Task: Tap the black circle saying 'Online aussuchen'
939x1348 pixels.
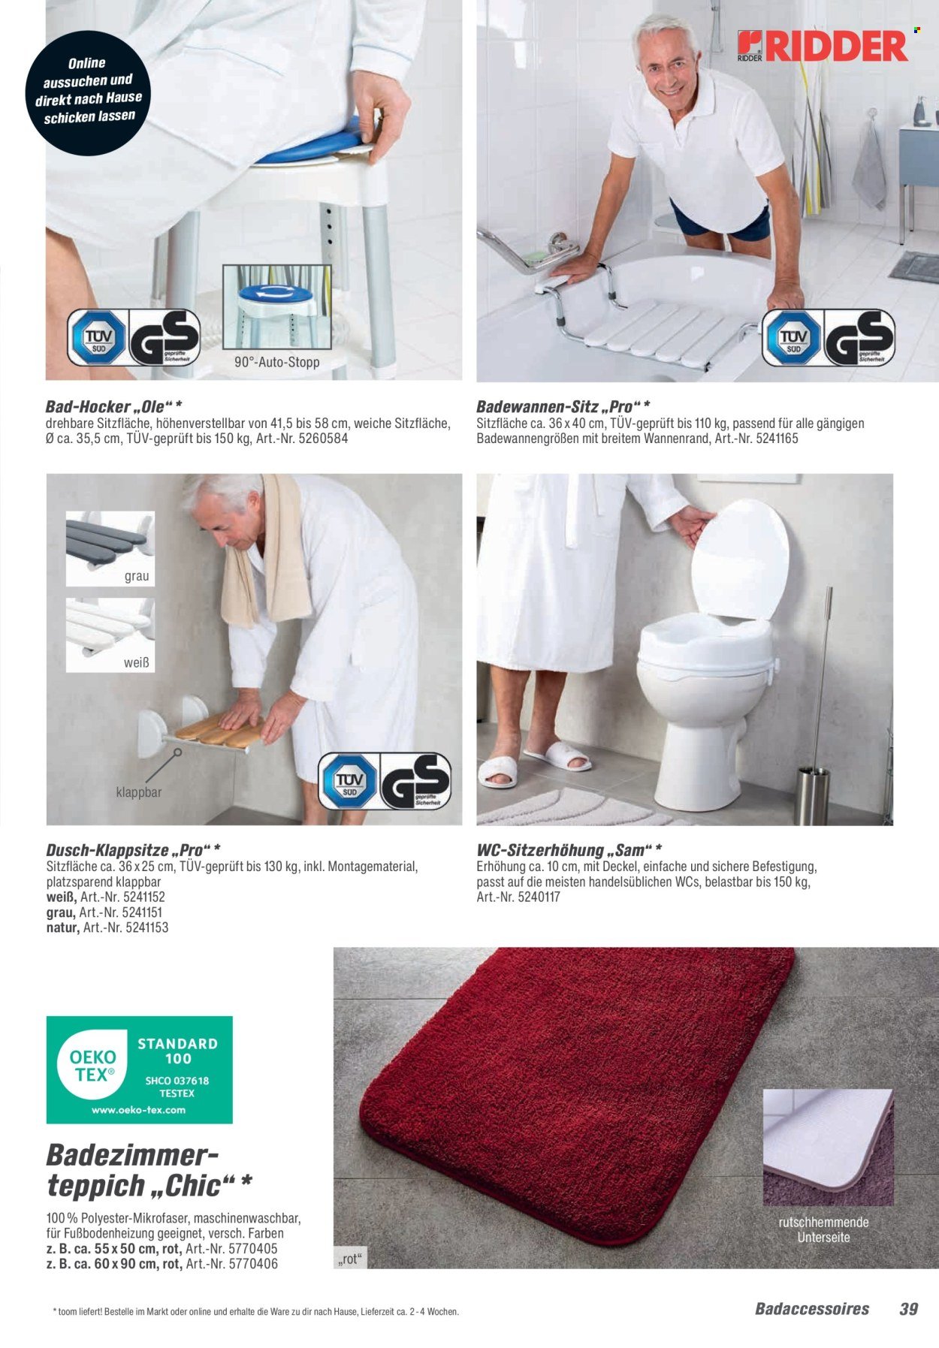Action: click(x=88, y=92)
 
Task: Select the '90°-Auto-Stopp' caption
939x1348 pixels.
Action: click(x=276, y=362)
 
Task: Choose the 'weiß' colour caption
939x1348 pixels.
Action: click(x=136, y=662)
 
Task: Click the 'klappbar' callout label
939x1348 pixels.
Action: click(x=138, y=792)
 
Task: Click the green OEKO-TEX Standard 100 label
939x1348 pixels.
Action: click(x=139, y=1069)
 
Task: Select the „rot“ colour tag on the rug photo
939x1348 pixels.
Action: click(x=350, y=1259)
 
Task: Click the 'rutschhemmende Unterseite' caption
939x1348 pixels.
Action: click(x=823, y=1229)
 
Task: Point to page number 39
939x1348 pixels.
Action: click(x=908, y=1309)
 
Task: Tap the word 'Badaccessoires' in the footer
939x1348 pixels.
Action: click(x=811, y=1309)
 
